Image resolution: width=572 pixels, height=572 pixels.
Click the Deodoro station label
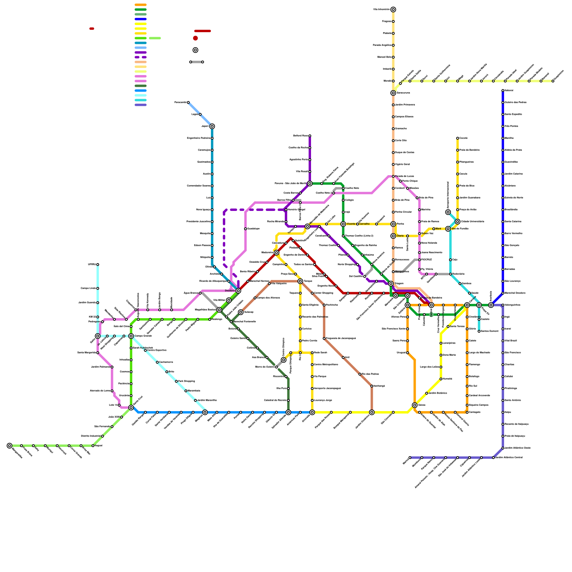pyautogui.click(x=230, y=291)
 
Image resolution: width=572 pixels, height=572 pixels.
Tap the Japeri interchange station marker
pyautogui.click(x=212, y=126)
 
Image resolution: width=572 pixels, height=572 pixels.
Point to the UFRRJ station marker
pyautogui.click(x=98, y=265)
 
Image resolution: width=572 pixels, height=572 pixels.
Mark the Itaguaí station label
pyautogui.click(x=99, y=445)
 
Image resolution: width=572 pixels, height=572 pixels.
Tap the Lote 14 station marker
pyautogui.click(x=119, y=405)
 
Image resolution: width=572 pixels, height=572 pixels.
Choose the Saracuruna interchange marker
pyautogui.click(x=393, y=93)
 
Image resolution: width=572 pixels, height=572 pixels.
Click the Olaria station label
pyautogui.click(x=400, y=236)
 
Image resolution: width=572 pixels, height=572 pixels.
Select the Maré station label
pyautogui.click(x=438, y=229)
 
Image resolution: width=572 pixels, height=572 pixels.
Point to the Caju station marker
pyautogui.click(x=450, y=260)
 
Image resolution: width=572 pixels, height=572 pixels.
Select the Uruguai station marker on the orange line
pyautogui.click(x=408, y=353)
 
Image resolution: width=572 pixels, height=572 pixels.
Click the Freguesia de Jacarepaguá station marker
pyautogui.click(x=324, y=339)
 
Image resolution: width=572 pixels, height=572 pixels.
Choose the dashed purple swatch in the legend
pyautogui.click(x=140, y=57)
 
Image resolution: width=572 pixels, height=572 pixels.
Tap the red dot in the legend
pyautogui.click(x=195, y=38)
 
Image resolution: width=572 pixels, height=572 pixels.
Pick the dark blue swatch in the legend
pyautogui.click(x=140, y=19)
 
